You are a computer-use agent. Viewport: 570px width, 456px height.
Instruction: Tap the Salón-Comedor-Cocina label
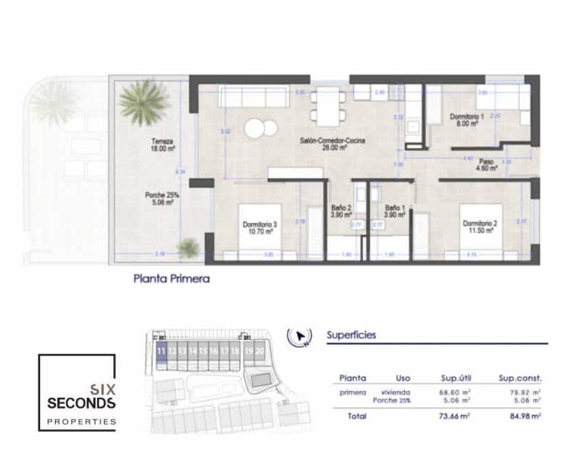pyautogui.click(x=333, y=141)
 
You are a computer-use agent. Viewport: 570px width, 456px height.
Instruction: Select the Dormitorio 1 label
pyautogui.click(x=467, y=116)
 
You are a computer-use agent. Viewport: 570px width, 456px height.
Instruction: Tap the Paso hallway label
pyautogui.click(x=487, y=161)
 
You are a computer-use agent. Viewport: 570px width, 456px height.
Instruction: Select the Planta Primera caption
pyautogui.click(x=172, y=279)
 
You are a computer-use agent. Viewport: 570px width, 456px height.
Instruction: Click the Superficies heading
pyautogui.click(x=351, y=334)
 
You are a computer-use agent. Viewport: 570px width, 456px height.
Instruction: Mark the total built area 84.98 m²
pyautogui.click(x=519, y=415)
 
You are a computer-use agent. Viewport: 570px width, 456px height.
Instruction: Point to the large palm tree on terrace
pyautogui.click(x=143, y=102)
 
